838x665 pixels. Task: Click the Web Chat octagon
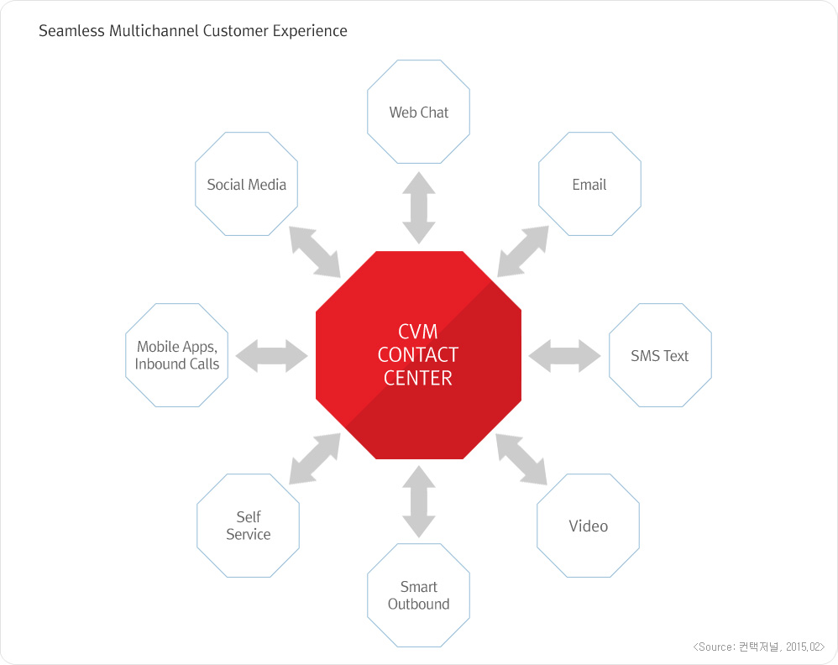pyautogui.click(x=418, y=112)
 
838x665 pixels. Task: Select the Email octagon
pyautogui.click(x=589, y=185)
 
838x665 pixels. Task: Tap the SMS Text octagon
pyautogui.click(x=659, y=356)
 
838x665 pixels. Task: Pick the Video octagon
pyautogui.click(x=588, y=526)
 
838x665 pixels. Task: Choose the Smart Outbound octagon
pyautogui.click(x=418, y=595)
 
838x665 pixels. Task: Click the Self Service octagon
pyautogui.click(x=248, y=526)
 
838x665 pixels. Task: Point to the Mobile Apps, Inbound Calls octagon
pyautogui.click(x=177, y=356)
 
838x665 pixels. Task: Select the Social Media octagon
pyautogui.click(x=246, y=185)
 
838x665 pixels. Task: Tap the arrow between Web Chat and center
pyautogui.click(x=418, y=207)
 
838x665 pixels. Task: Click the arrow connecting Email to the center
pyautogui.click(x=522, y=252)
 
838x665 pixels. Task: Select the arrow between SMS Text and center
pyautogui.click(x=565, y=356)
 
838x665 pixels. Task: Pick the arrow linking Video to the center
pyautogui.click(x=521, y=459)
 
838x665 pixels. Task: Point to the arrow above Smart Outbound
pyautogui.click(x=418, y=501)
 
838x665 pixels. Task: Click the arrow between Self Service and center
pyautogui.click(x=314, y=459)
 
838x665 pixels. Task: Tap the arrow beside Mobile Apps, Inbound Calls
pyautogui.click(x=272, y=356)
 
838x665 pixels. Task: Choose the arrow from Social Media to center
pyautogui.click(x=315, y=252)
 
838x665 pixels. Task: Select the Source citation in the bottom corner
pyautogui.click(x=759, y=647)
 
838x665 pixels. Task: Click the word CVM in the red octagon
pyautogui.click(x=417, y=332)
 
